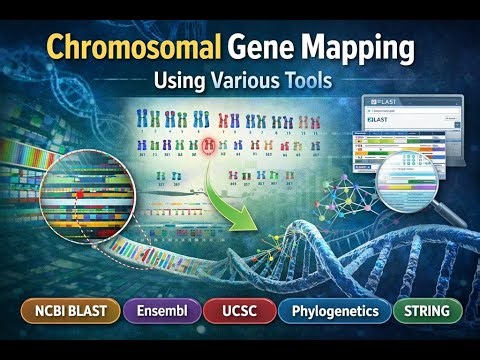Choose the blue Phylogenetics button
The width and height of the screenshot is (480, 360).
pyautogui.click(x=334, y=311)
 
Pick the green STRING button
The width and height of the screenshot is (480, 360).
pyautogui.click(x=428, y=311)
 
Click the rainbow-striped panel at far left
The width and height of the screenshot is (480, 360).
pyautogui.click(x=24, y=170)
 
